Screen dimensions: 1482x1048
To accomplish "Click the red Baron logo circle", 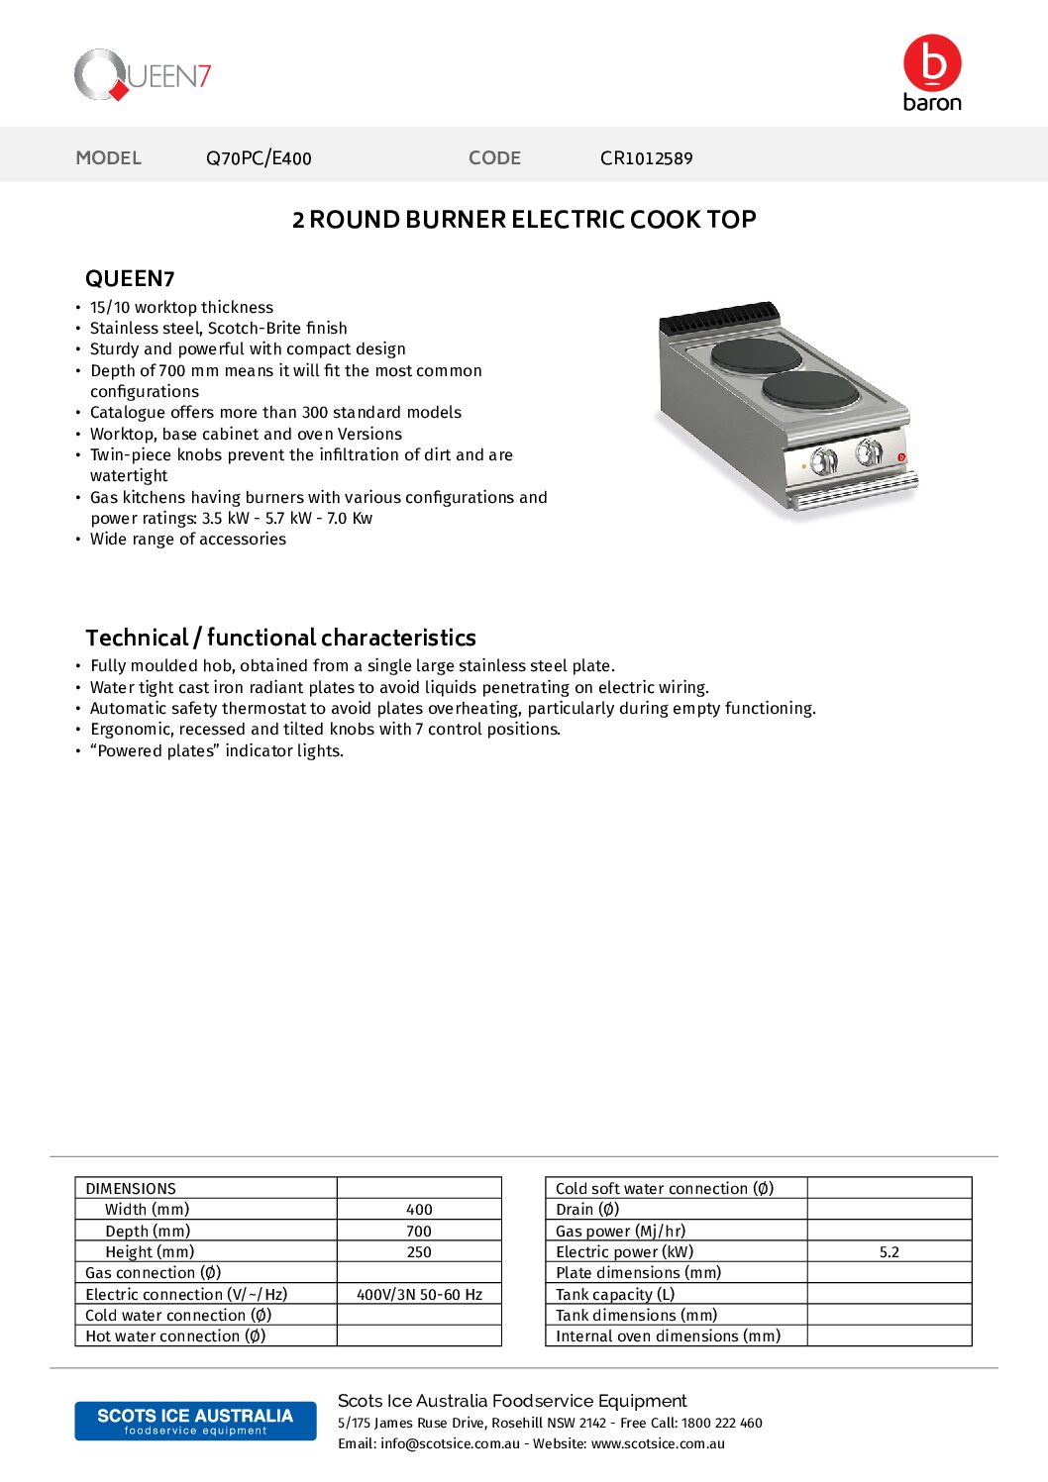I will (932, 63).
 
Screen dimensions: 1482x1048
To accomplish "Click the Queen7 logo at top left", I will (143, 75).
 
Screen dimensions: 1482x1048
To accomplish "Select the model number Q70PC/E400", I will (259, 158).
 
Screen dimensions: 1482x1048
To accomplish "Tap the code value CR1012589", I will (646, 158).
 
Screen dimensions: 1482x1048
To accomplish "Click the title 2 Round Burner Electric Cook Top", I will (524, 220).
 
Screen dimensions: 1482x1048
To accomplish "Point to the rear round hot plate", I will (757, 354).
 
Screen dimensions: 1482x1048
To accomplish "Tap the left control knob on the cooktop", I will (824, 460).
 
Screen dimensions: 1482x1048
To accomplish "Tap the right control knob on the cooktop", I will (869, 452).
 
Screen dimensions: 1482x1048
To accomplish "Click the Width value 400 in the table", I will (419, 1210).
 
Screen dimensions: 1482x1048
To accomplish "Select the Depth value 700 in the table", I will (419, 1232).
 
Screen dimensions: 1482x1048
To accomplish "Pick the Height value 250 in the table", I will (419, 1252).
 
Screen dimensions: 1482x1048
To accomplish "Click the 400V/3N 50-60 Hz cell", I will (419, 1295).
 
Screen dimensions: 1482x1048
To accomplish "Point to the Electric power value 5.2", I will (890, 1252).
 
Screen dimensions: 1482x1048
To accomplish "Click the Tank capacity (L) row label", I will (615, 1295).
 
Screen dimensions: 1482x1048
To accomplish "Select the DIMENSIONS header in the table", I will (131, 1189).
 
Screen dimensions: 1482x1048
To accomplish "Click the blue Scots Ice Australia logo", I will (195, 1421).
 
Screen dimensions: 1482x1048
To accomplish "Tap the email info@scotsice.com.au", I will (450, 1443).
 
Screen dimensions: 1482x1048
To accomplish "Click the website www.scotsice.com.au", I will (658, 1443).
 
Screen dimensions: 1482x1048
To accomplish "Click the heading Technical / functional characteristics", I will (280, 638).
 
